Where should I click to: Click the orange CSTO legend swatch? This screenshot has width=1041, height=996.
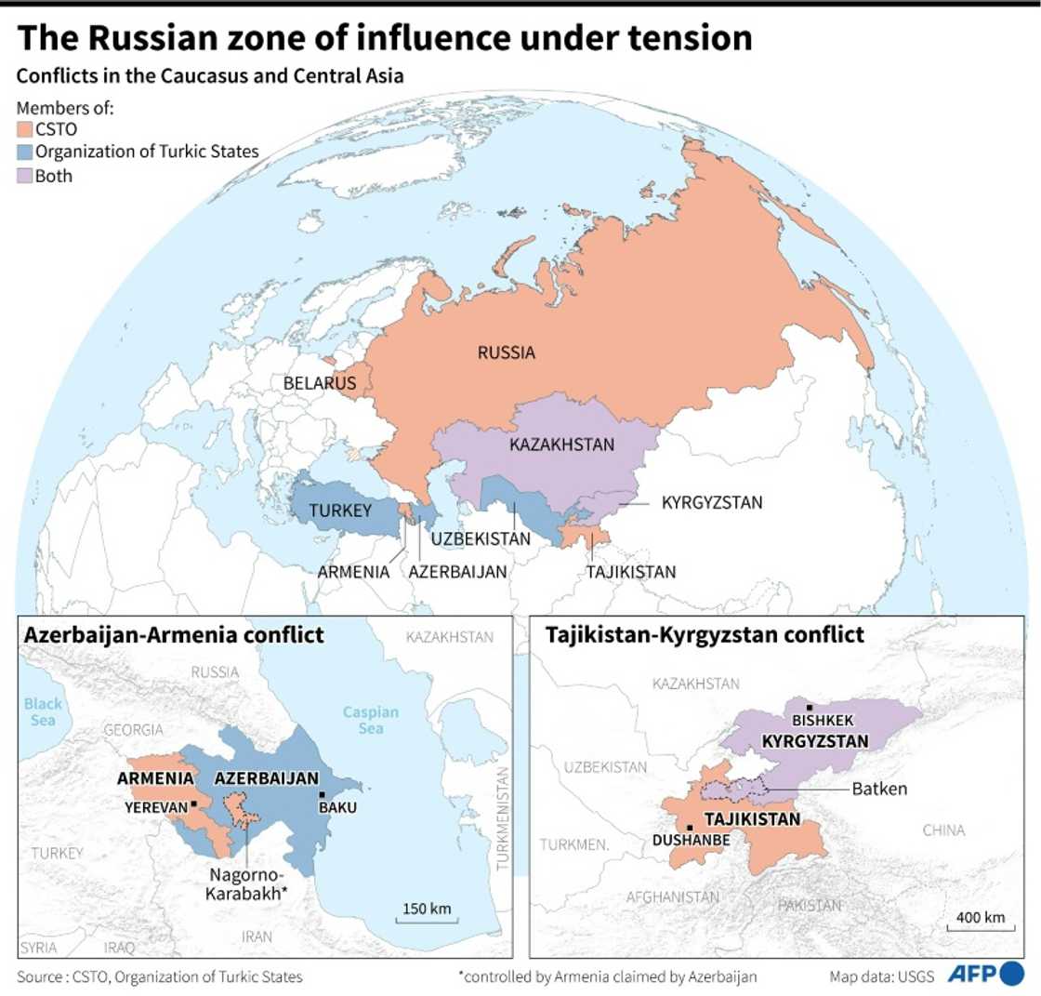24,130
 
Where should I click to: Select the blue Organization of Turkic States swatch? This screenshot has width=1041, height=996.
24,153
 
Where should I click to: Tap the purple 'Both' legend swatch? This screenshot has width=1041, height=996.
24,176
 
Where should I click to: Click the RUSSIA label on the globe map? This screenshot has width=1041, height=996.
507,352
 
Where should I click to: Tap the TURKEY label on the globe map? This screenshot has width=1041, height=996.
340,511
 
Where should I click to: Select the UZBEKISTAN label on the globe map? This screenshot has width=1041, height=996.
481,538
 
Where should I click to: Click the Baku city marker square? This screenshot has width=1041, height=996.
322,793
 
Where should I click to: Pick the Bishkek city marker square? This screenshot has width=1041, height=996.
810,708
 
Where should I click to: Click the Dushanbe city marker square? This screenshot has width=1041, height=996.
689,827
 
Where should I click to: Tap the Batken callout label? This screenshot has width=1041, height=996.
876,789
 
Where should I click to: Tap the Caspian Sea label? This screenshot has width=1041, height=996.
371,721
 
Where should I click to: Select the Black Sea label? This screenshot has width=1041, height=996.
41,712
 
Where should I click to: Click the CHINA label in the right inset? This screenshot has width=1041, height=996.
942,830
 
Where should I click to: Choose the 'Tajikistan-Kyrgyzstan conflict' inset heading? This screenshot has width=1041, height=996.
705,635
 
